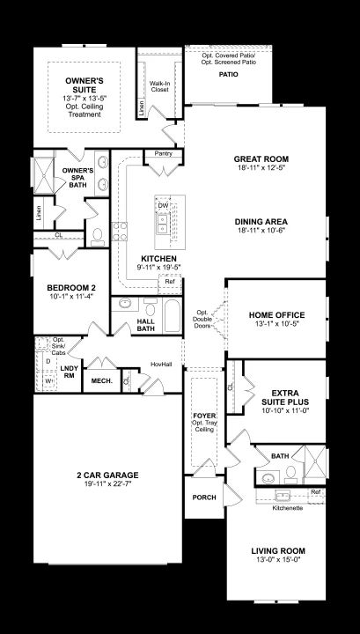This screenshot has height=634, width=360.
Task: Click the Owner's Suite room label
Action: [x=84, y=85]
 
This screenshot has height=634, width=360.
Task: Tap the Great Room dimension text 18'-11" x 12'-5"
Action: [x=261, y=167]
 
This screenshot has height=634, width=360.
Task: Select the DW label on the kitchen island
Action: [x=163, y=206]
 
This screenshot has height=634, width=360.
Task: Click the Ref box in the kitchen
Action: [x=170, y=284]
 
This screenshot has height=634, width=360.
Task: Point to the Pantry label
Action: [x=163, y=153]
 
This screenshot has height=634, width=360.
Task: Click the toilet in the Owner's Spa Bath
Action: [x=98, y=237]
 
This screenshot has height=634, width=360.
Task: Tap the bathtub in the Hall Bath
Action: [x=173, y=316]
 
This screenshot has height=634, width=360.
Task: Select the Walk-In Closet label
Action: [x=159, y=86]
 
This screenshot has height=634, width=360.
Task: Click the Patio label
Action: [x=229, y=74]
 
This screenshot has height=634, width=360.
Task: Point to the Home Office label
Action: [x=276, y=315]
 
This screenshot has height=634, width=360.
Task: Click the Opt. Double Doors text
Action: [x=202, y=319]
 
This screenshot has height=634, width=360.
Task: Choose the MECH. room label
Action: [x=101, y=381]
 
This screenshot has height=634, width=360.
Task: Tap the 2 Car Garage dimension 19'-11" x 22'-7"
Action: [x=107, y=483]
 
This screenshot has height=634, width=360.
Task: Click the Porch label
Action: [x=204, y=498]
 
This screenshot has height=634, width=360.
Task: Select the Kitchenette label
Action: [x=288, y=508]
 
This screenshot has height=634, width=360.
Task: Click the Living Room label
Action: [x=278, y=550]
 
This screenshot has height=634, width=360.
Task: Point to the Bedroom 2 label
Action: [x=71, y=288]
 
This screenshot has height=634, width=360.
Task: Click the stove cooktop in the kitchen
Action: [x=119, y=232]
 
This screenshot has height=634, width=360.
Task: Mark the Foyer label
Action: [x=204, y=416]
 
